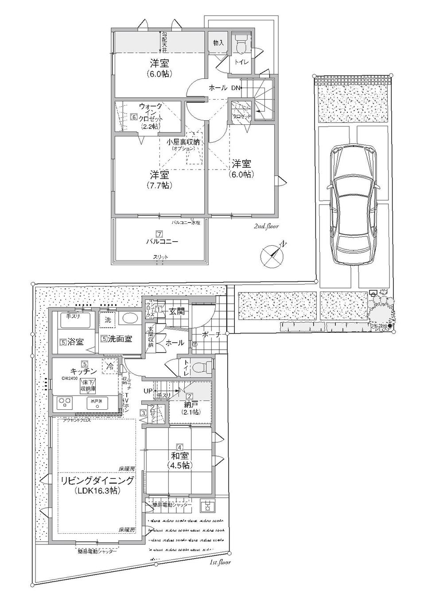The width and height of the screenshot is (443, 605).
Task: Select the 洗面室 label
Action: pyautogui.click(x=120, y=339)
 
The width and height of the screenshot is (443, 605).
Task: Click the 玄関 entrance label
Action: pyautogui.click(x=176, y=312)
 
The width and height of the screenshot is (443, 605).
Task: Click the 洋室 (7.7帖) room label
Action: pyautogui.click(x=159, y=179)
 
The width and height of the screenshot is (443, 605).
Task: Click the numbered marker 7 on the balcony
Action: pyautogui.click(x=159, y=234)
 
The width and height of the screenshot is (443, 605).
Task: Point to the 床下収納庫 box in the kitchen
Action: pyautogui.click(x=89, y=385)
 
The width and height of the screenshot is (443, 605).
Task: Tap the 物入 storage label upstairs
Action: pyautogui.click(x=218, y=43)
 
